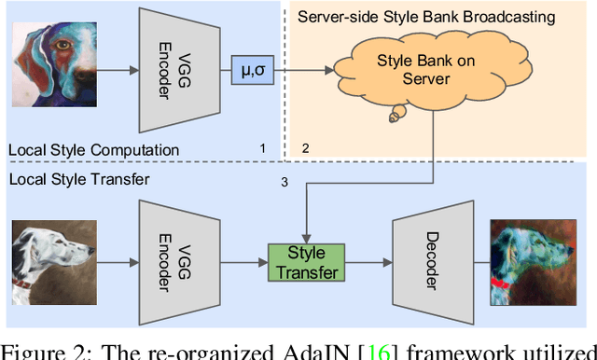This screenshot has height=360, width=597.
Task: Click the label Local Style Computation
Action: click(x=93, y=149)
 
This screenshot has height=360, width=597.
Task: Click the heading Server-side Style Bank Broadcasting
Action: click(x=425, y=17)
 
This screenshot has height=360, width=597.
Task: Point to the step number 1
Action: click(x=262, y=148)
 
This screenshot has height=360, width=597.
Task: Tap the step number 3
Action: click(x=285, y=181)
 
